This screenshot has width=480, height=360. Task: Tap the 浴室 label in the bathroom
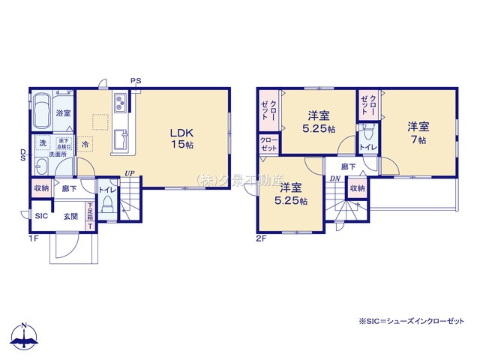point(64,113)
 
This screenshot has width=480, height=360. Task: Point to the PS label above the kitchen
point(135,80)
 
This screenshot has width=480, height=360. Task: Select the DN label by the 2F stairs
point(334,178)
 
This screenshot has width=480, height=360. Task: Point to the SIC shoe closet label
point(41,216)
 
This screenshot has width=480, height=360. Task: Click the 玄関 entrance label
point(70,216)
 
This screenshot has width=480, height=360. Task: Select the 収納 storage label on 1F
point(40,190)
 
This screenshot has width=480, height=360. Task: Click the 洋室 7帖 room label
point(418,132)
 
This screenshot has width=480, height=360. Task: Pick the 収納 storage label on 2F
point(356,188)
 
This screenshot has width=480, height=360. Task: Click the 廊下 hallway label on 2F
point(348,166)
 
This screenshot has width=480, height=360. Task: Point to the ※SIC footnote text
point(411,320)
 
